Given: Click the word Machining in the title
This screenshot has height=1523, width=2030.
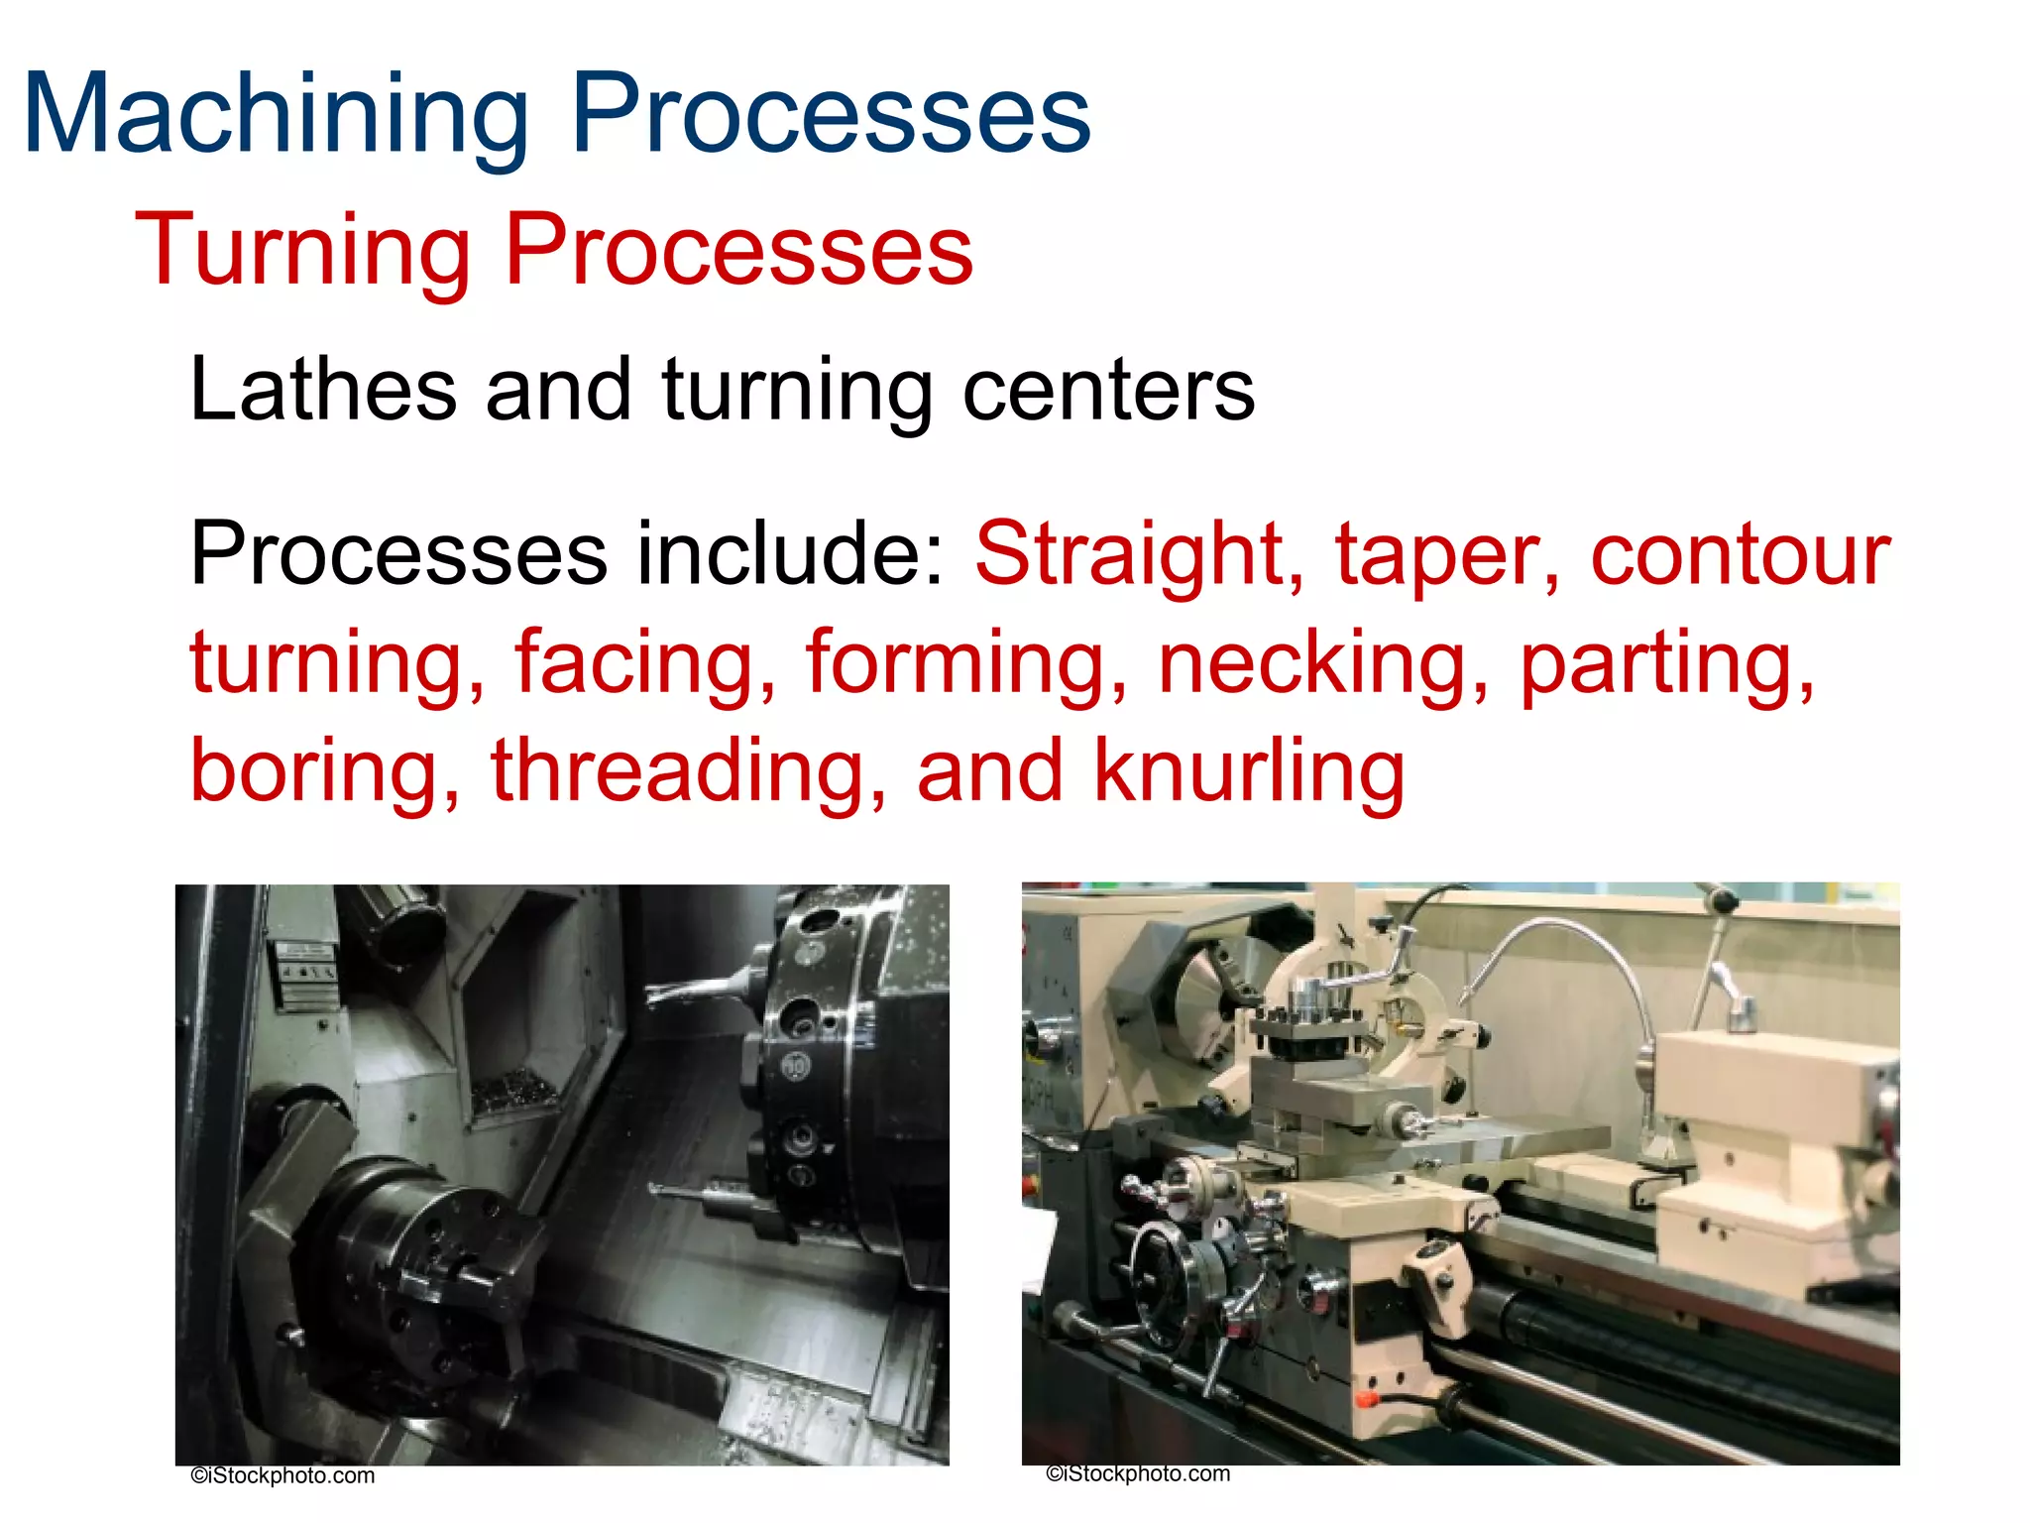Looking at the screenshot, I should click(x=276, y=114).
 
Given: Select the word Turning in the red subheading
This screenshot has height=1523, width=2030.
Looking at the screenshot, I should click(x=302, y=250).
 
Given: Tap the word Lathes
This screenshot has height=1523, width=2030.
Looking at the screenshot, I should click(x=323, y=389).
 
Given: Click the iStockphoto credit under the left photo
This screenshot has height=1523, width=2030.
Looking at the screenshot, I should click(x=282, y=1475).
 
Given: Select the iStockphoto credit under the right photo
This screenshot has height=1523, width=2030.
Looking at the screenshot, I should click(x=1138, y=1473).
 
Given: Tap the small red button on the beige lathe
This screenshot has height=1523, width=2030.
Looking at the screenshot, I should click(x=1366, y=1399).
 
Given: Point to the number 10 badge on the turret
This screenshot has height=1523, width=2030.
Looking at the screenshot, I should click(x=796, y=1067).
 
